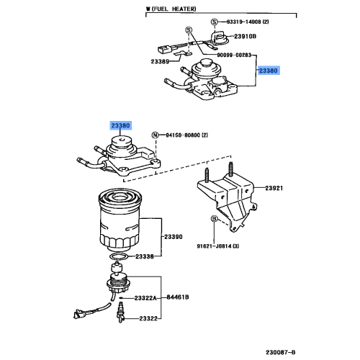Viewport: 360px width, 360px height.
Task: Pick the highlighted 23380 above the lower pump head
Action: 120,125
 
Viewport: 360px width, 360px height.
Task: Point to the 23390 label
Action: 174,236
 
